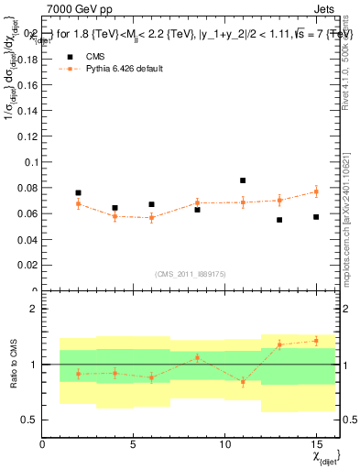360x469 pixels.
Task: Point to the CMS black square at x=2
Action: (78, 193)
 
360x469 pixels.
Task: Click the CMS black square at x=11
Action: (243, 180)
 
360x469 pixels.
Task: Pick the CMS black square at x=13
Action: (279, 220)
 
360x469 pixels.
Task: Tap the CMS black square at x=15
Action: (316, 217)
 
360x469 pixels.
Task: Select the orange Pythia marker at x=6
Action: (151, 218)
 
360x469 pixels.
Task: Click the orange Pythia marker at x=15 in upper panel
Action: (316, 191)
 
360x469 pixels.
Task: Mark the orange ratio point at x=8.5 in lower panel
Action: (197, 358)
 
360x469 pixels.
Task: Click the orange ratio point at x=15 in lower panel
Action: (316, 341)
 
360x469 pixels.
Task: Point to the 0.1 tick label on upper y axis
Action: (28, 162)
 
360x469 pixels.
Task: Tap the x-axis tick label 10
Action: (224, 444)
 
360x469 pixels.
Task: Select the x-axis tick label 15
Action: (316, 444)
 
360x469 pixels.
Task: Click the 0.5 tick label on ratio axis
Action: (28, 420)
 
